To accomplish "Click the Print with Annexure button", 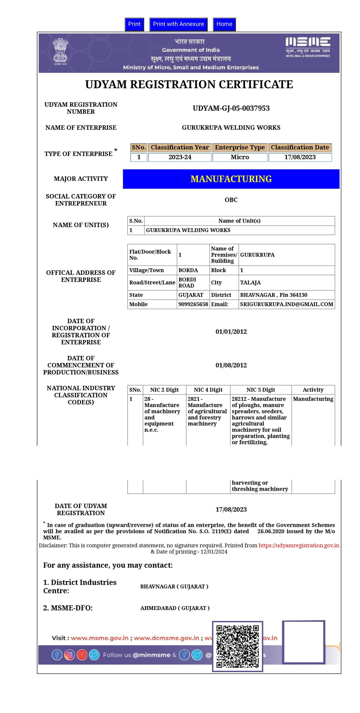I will pyautogui.click(x=178, y=24).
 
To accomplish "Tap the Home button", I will pyautogui.click(x=224, y=24).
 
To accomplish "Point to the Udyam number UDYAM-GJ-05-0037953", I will pyautogui.click(x=231, y=108).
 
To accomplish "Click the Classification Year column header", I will pyautogui.click(x=180, y=147).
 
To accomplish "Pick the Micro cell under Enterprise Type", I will pyautogui.click(x=240, y=157).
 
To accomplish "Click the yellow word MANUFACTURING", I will pyautogui.click(x=231, y=179).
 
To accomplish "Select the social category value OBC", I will pyautogui.click(x=231, y=200).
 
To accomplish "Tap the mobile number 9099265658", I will pyautogui.click(x=193, y=304).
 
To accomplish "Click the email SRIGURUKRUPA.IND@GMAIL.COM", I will pyautogui.click(x=286, y=304).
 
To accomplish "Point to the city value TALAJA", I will pyautogui.click(x=250, y=282).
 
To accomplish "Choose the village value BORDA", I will pyautogui.click(x=188, y=270).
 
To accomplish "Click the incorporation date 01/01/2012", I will pyautogui.click(x=231, y=331).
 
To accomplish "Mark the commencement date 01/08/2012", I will pyautogui.click(x=231, y=365).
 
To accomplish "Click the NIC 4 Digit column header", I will pyautogui.click(x=208, y=390).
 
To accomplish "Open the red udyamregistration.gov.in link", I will pyautogui.click(x=299, y=545).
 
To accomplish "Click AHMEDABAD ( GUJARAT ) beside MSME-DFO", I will pyautogui.click(x=175, y=608).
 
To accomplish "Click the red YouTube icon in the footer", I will pyautogui.click(x=82, y=655).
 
